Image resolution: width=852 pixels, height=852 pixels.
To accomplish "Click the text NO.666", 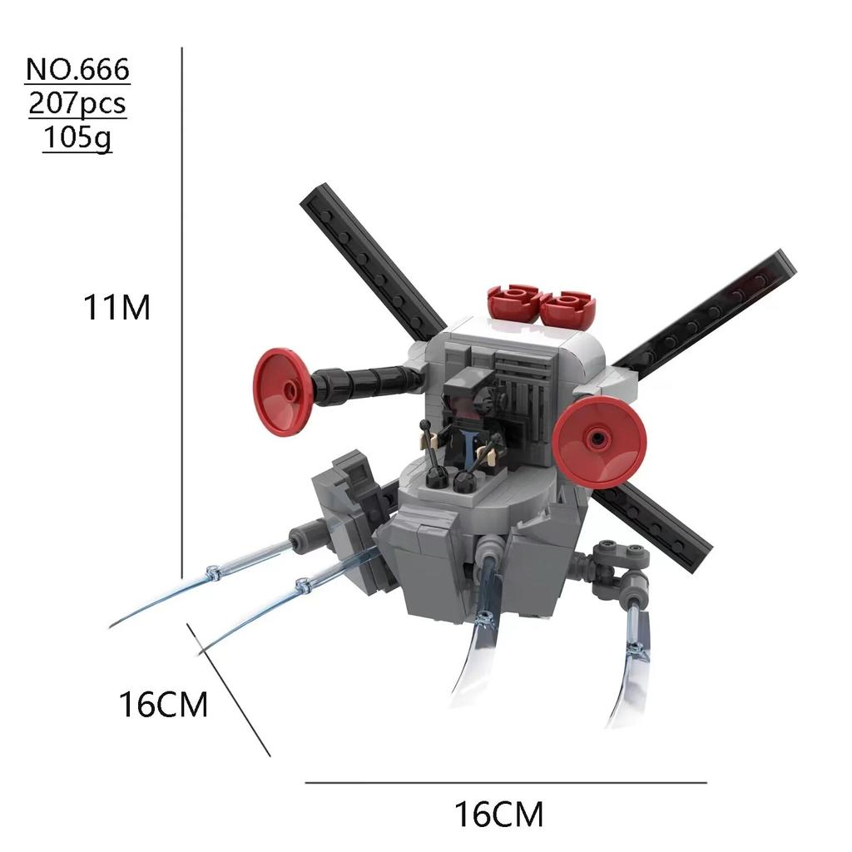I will coord(78,70).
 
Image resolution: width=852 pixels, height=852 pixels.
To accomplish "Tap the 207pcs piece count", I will coord(77,104).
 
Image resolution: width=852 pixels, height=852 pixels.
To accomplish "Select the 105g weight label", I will coord(77,137).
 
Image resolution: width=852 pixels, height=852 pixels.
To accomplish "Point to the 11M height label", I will coord(116,308).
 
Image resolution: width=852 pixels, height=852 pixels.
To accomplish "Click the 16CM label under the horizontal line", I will coord(498,813).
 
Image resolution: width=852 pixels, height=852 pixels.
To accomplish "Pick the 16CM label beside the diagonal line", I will coord(163,706).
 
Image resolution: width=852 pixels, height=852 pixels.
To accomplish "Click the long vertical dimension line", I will coord(181,316).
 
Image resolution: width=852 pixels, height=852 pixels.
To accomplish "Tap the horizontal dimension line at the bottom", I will coord(505,782).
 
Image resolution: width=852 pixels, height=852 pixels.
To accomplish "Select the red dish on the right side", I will coord(599,440).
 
